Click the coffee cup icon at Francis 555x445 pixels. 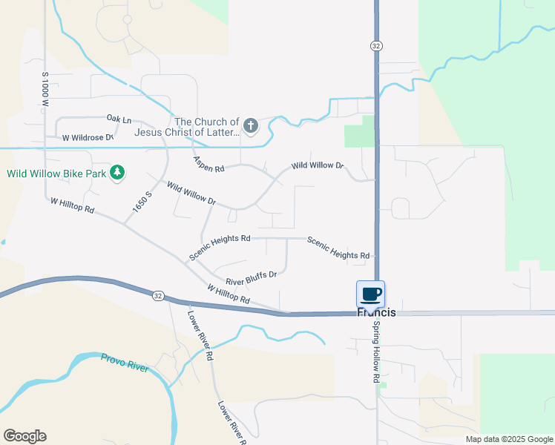(x=370, y=294)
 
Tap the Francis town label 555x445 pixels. (x=377, y=312)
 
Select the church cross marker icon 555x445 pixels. (x=250, y=126)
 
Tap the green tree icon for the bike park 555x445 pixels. (x=116, y=173)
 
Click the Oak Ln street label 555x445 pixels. (x=119, y=119)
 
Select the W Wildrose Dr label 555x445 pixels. (x=88, y=137)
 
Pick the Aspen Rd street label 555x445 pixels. (x=208, y=164)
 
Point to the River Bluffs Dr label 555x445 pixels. (x=251, y=278)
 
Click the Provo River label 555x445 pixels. (x=125, y=361)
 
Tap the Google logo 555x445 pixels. (x=24, y=436)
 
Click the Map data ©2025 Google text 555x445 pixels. (x=508, y=439)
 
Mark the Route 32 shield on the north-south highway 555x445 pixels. (x=376, y=46)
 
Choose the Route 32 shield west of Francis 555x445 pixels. (x=158, y=296)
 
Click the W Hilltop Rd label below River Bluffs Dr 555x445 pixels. (x=228, y=293)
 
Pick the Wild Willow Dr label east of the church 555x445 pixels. (x=318, y=165)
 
